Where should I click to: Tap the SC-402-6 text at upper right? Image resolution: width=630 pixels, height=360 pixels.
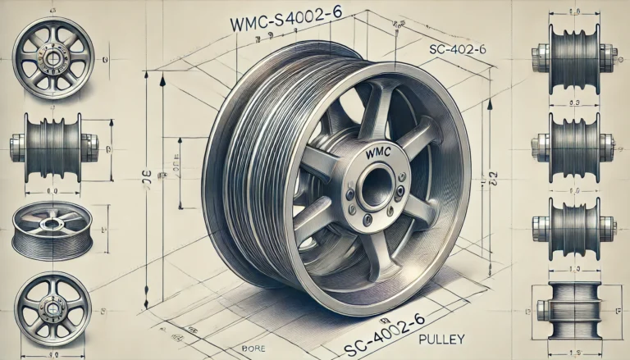pyautogui.click(x=457, y=49)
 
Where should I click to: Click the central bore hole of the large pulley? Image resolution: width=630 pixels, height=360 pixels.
pyautogui.click(x=376, y=187)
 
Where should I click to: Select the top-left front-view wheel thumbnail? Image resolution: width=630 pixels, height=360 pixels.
pyautogui.click(x=53, y=59)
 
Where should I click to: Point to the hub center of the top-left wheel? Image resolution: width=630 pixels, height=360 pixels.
pyautogui.click(x=53, y=59)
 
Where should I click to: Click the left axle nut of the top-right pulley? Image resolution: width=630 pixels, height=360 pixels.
pyautogui.click(x=539, y=57)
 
